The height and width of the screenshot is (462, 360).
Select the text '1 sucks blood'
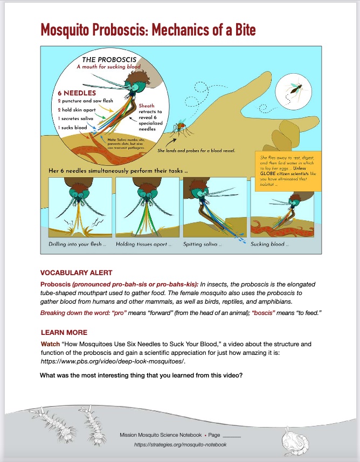pyautogui.click(x=72, y=128)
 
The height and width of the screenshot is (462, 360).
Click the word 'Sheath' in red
pyautogui.click(x=147, y=106)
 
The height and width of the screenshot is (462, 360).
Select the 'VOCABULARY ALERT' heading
pyautogui.click(x=77, y=272)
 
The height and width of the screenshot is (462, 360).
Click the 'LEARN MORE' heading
pyautogui.click(x=64, y=332)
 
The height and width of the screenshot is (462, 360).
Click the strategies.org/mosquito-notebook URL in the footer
pyautogui.click(x=181, y=445)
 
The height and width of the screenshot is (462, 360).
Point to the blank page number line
pyautogui.click(x=232, y=435)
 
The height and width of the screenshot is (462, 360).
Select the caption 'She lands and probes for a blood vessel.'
pyautogui.click(x=196, y=151)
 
